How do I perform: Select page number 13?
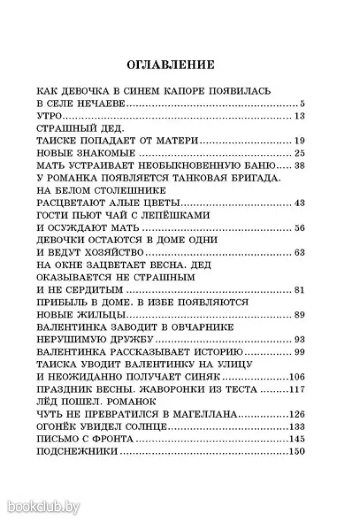[300, 116]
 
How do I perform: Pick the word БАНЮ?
[257, 166]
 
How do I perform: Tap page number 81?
[300, 290]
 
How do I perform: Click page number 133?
[297, 427]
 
